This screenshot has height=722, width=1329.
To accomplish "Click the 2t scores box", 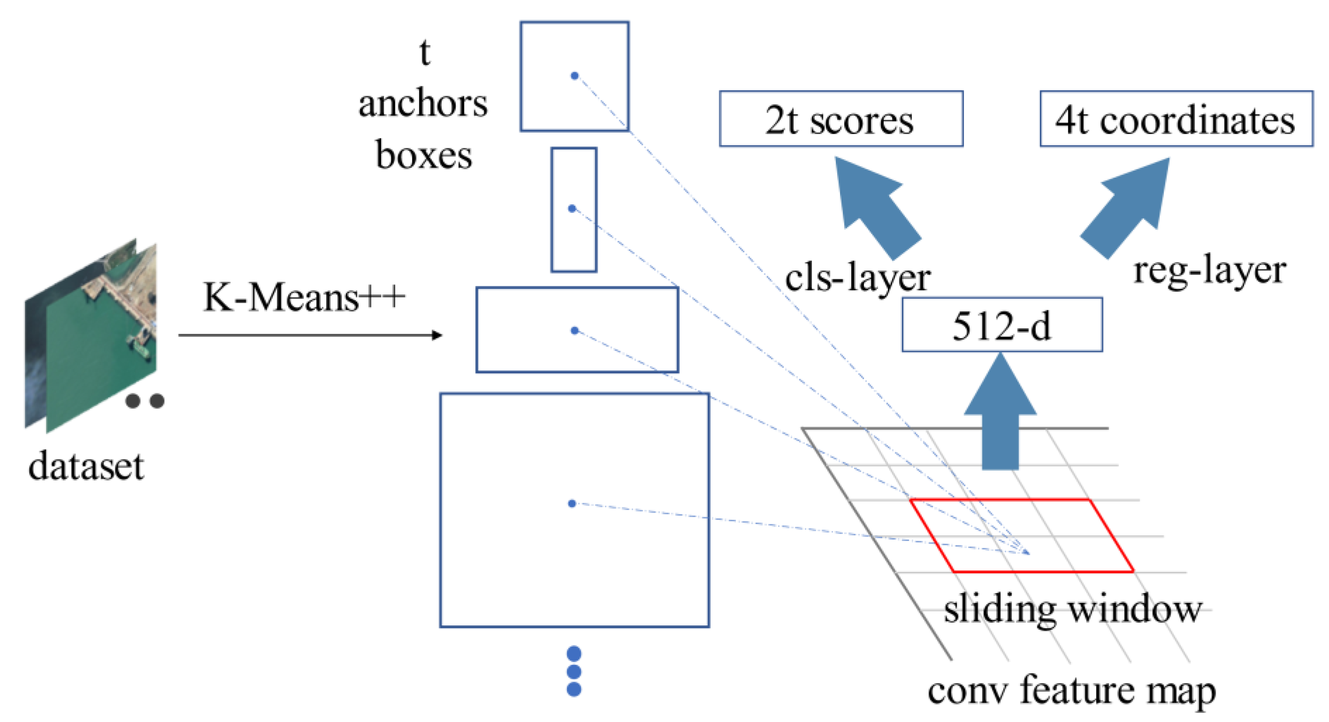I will pos(841,119).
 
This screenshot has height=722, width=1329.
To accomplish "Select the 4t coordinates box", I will pos(1176,119).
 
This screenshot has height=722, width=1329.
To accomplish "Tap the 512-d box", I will pos(1001,324).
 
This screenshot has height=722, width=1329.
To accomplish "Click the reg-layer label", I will pos(1209,271).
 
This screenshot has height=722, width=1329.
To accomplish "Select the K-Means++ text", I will pos(304,297).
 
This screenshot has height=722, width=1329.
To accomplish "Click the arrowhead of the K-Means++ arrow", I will pos(437,336).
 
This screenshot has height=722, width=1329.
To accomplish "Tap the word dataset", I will pos(86,466).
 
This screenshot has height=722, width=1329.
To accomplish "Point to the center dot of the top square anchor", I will pos(574,76).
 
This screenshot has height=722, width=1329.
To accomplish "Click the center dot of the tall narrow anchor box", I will pos(571,209).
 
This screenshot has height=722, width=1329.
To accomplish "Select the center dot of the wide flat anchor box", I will pos(575,331).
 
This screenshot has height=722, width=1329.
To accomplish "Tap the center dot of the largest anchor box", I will pos(571,503).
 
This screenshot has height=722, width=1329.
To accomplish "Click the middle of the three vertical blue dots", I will pos(574,671).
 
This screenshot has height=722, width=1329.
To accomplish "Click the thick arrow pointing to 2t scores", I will pos(877,206).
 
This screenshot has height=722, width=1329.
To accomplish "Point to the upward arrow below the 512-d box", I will pos(1000,413).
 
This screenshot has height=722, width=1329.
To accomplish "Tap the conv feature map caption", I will pos(1071,691).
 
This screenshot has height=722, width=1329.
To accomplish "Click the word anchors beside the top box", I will pos(422,103).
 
